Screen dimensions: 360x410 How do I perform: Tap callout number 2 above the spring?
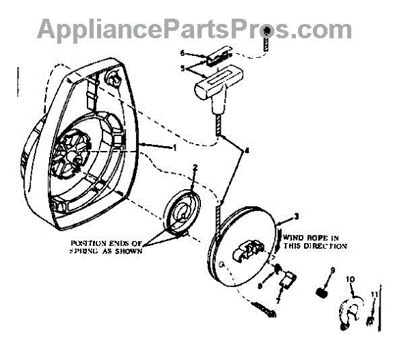[x=195, y=167]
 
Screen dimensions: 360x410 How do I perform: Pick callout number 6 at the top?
[x=182, y=52]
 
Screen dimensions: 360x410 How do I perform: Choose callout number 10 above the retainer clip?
[x=351, y=279]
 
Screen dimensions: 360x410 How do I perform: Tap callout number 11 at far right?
[x=374, y=293]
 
